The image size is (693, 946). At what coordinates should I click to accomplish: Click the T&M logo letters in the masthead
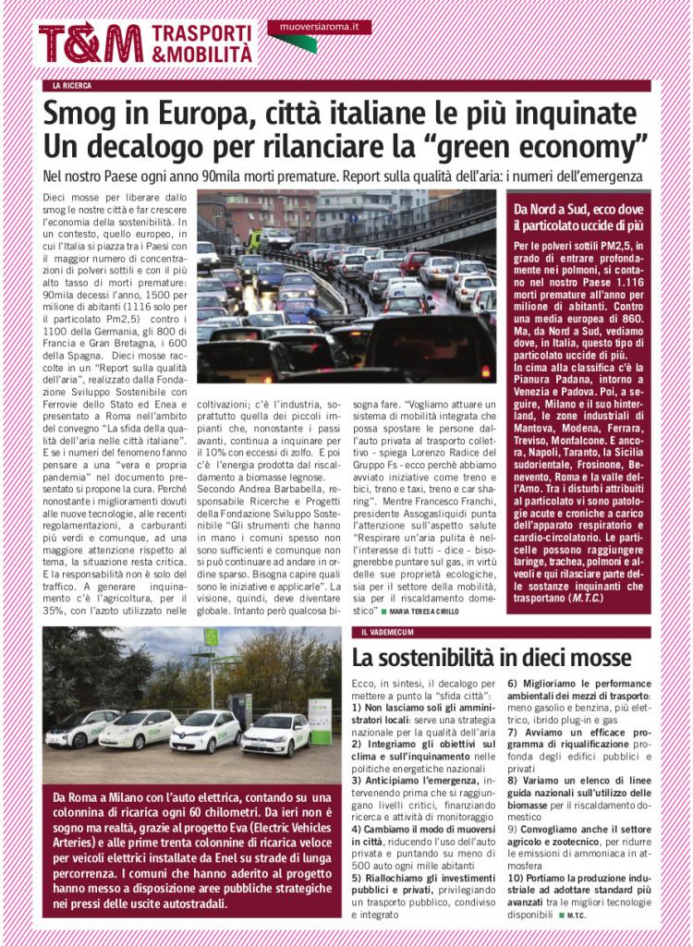tap(91, 43)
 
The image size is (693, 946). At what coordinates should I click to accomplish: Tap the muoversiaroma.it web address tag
tap(320, 28)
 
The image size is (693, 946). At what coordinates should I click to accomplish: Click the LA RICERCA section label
tap(72, 86)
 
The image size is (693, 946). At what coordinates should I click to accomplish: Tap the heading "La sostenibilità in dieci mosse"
tap(492, 658)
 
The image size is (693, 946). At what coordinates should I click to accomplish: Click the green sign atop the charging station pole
tap(211, 637)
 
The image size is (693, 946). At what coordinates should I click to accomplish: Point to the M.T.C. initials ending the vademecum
tap(577, 916)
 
